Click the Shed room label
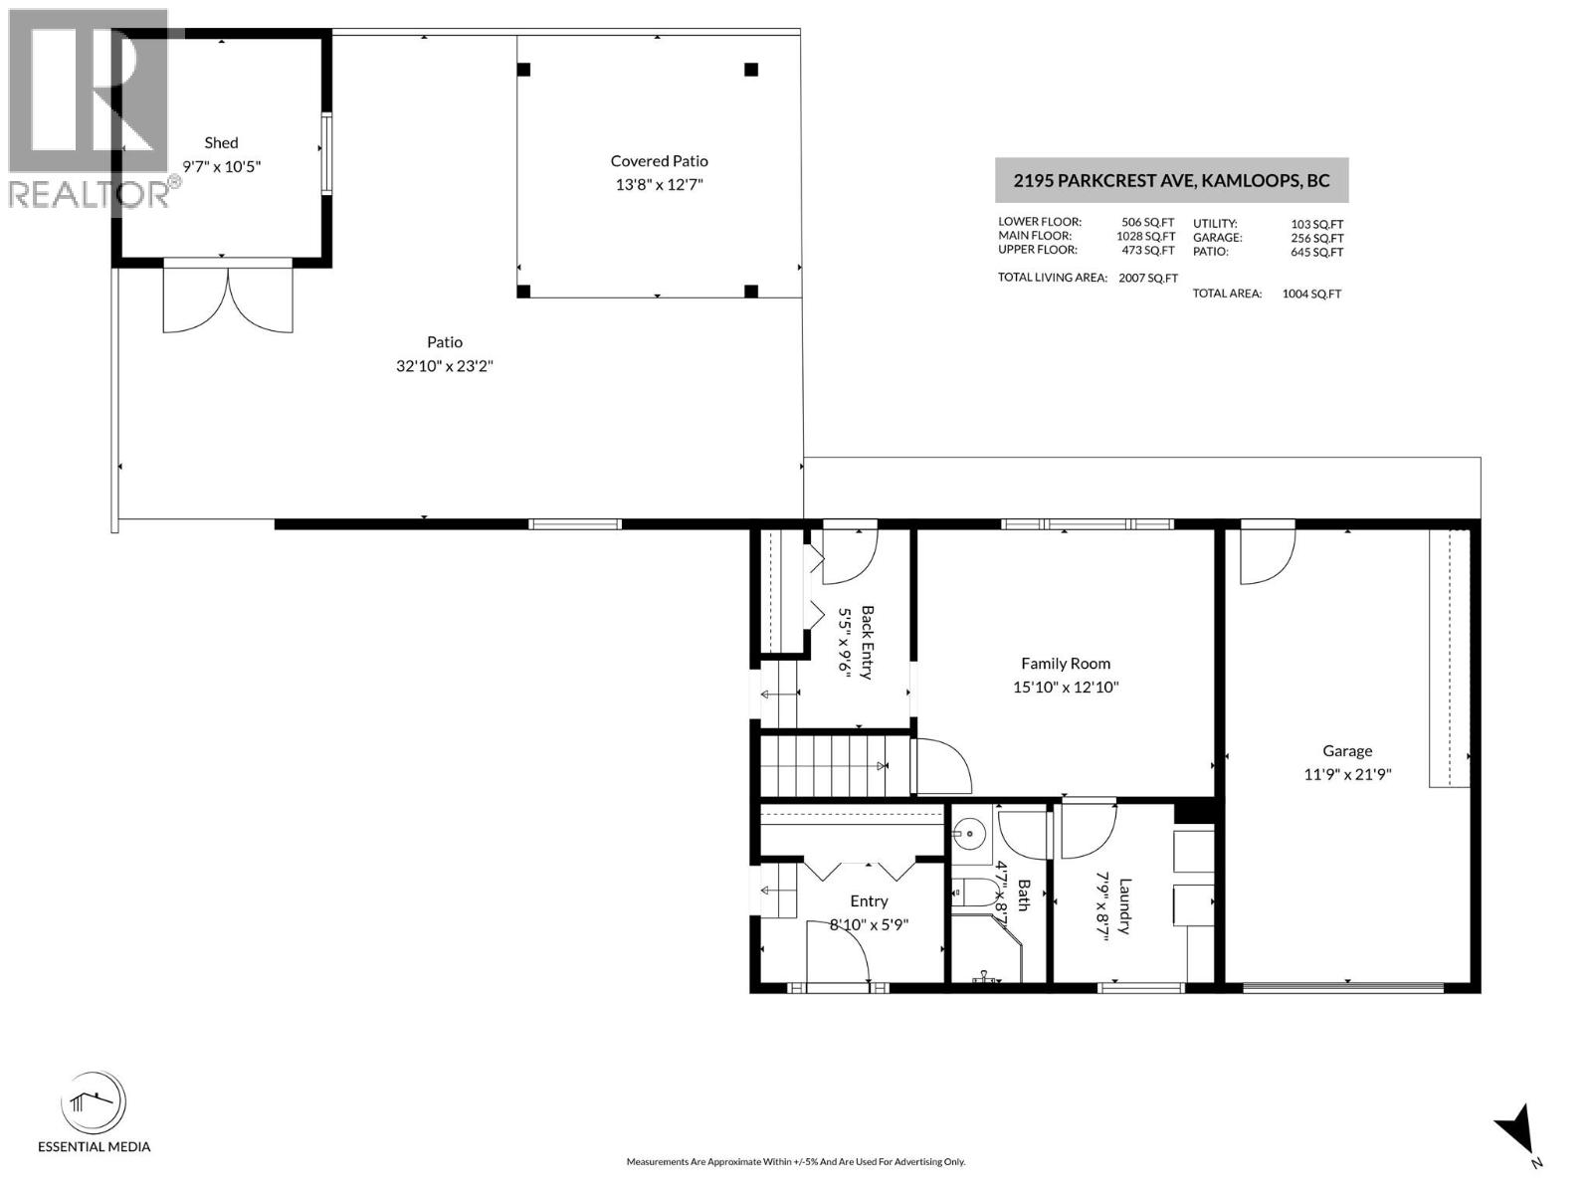click(x=221, y=142)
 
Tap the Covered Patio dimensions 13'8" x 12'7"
click(x=659, y=185)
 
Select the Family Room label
click(x=1066, y=664)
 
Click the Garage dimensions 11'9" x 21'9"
click(x=1347, y=775)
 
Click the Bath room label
click(x=1023, y=895)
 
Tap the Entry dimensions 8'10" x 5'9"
click(x=869, y=925)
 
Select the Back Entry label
click(x=867, y=643)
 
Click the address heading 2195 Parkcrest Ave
click(x=1171, y=181)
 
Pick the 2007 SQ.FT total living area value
click(x=1147, y=279)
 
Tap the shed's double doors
click(x=228, y=298)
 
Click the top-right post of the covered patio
click(x=751, y=70)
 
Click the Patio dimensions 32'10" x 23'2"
click(x=445, y=366)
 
